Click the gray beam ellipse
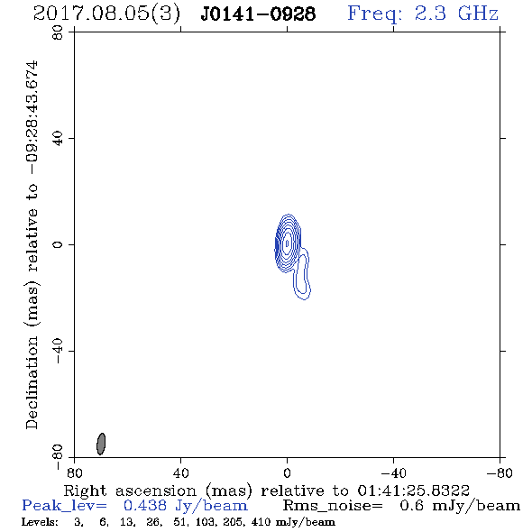101,444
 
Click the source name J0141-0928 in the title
258,14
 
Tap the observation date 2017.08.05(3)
106,14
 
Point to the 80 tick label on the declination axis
58,32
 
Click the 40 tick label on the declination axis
58,139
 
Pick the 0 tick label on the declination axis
58,244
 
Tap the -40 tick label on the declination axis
58,351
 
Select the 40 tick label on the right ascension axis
180,473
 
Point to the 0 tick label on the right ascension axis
287,473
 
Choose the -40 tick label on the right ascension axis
393,473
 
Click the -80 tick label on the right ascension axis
500,473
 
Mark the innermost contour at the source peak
288,243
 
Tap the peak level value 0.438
145,506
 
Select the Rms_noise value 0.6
411,506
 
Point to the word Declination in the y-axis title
32,382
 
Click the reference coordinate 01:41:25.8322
413,491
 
